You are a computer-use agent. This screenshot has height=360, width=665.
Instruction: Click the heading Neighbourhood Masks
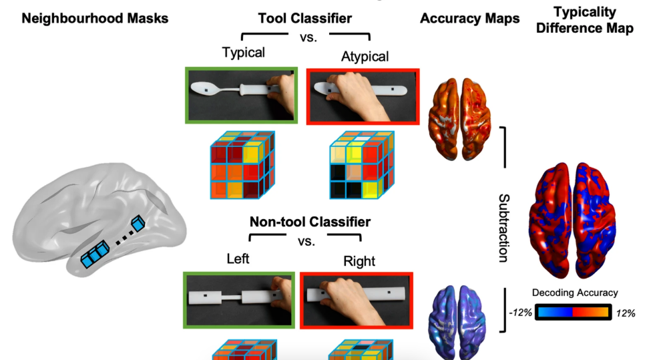(95, 19)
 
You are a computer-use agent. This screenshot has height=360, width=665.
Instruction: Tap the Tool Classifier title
(306, 18)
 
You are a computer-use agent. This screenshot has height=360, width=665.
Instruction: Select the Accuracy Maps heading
(469, 19)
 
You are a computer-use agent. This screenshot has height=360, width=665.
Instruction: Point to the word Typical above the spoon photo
(244, 52)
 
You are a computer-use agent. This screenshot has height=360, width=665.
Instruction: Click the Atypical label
(365, 56)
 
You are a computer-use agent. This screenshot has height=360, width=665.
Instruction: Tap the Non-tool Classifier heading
(310, 220)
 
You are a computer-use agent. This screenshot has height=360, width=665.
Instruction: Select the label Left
(238, 258)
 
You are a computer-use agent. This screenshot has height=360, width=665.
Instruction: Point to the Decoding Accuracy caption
(575, 293)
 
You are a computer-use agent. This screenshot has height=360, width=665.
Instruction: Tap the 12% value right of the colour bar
(625, 313)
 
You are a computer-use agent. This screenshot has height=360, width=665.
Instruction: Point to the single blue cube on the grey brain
(138, 223)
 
